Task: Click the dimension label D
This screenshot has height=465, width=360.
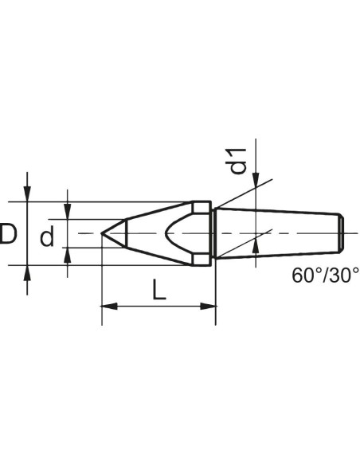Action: click(8, 233)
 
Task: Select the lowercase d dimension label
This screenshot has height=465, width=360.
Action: click(47, 236)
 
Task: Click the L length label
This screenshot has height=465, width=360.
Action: click(158, 290)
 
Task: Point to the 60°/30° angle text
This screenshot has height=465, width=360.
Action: click(325, 275)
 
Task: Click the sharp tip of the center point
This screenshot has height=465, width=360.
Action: click(101, 233)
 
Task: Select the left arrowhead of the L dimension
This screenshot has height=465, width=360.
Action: click(109, 307)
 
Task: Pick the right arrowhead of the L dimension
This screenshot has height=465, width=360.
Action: click(208, 307)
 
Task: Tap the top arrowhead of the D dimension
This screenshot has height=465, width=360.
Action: click(27, 193)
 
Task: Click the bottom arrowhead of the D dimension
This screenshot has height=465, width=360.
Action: click(27, 273)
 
